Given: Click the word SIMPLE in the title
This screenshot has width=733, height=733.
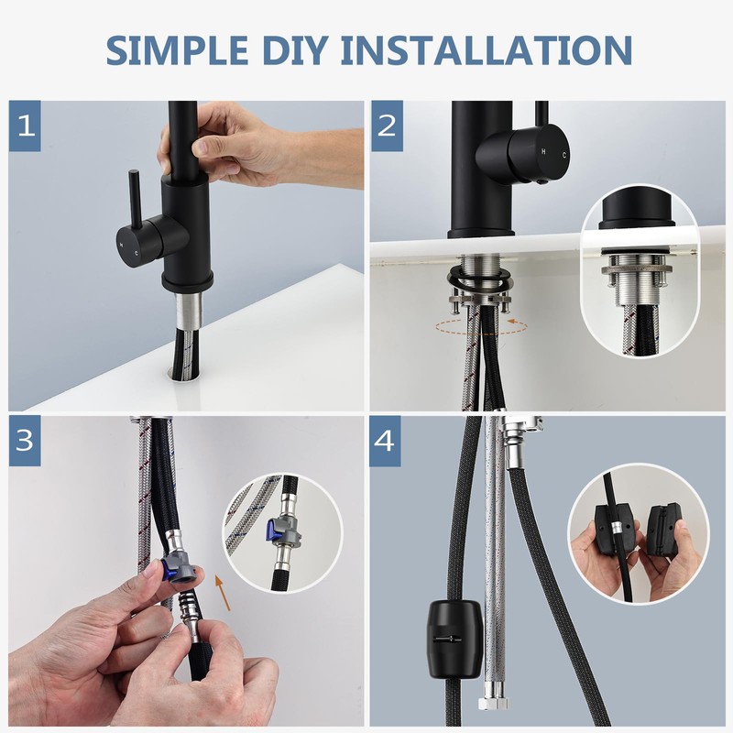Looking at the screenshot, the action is pyautogui.click(x=177, y=49).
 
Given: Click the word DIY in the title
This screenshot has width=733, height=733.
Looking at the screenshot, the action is pyautogui.click(x=294, y=49).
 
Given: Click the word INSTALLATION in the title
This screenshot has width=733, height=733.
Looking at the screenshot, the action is pyautogui.click(x=487, y=49).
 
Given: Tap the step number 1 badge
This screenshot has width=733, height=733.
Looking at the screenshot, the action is pyautogui.click(x=25, y=126).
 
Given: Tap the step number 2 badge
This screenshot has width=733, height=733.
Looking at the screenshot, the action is pyautogui.click(x=387, y=126).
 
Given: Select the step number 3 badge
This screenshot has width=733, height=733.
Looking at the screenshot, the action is pyautogui.click(x=25, y=441).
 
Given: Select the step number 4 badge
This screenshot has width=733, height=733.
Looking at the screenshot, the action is pyautogui.click(x=385, y=441).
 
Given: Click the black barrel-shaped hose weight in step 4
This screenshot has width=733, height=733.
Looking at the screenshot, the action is pyautogui.click(x=454, y=639).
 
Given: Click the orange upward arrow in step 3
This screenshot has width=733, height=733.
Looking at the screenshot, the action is pyautogui.click(x=223, y=592).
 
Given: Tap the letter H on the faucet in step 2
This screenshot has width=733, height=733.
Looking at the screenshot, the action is pyautogui.click(x=543, y=151).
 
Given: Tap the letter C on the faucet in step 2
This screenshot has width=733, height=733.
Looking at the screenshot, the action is pyautogui.click(x=564, y=155).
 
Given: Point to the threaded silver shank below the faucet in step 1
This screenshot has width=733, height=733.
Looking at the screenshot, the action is pyautogui.click(x=190, y=308).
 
